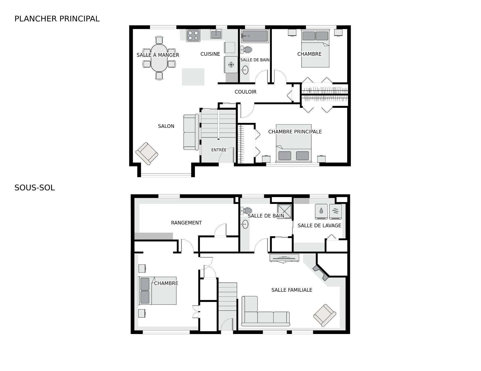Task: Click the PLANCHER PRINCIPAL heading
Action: (x=57, y=19)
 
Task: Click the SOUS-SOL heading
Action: (x=35, y=188)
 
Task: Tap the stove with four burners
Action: (x=193, y=36)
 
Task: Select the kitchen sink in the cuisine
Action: (x=216, y=34)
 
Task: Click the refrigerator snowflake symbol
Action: (x=231, y=65)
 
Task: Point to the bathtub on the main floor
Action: (x=255, y=36)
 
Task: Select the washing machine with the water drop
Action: (x=321, y=211)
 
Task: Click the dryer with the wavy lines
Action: (x=335, y=211)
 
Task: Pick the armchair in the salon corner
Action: (x=147, y=153)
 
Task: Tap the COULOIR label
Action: (x=246, y=92)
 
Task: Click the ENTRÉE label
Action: (x=219, y=150)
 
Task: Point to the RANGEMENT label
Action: (x=186, y=223)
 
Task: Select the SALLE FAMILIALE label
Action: (x=292, y=290)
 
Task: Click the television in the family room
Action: (x=284, y=258)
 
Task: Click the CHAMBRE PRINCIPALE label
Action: (x=295, y=132)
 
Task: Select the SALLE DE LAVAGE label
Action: (x=319, y=225)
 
